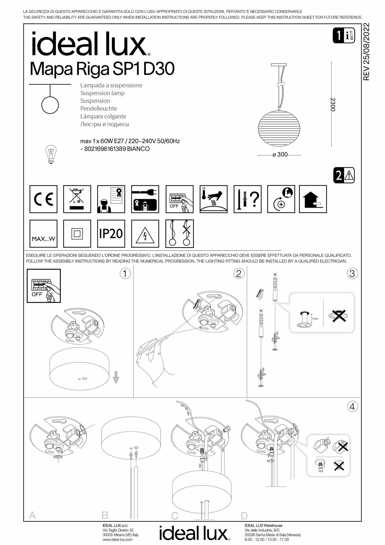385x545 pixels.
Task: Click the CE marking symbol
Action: [x=43, y=199]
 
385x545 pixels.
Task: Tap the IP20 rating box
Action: [x=111, y=234]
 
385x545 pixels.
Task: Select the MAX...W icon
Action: [x=43, y=234]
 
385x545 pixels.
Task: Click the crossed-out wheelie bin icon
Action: [x=77, y=199]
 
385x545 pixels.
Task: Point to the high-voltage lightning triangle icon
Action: [x=145, y=234]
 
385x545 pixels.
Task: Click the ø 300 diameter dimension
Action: [x=280, y=155]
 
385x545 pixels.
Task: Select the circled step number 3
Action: [x=352, y=274]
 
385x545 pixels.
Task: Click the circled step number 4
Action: [x=352, y=407]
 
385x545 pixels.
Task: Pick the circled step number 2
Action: [x=239, y=274]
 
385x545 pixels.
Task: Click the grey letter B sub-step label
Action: [x=105, y=516]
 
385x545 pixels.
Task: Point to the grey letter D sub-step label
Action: [x=244, y=516]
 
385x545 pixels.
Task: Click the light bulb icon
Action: [x=50, y=154]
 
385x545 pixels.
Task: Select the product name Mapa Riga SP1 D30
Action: [x=102, y=69]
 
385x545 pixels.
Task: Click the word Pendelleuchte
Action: [x=99, y=108]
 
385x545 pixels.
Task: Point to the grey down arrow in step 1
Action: [x=116, y=378]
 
